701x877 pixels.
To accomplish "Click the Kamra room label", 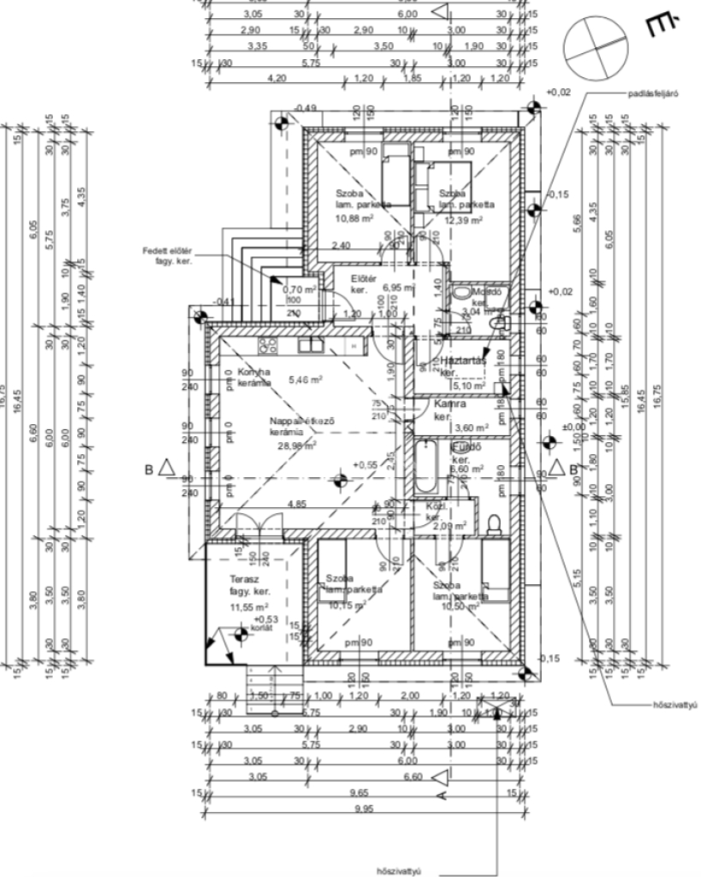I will click(x=449, y=403).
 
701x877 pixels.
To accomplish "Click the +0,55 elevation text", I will click(x=365, y=463).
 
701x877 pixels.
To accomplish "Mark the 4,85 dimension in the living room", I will click(x=296, y=504).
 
